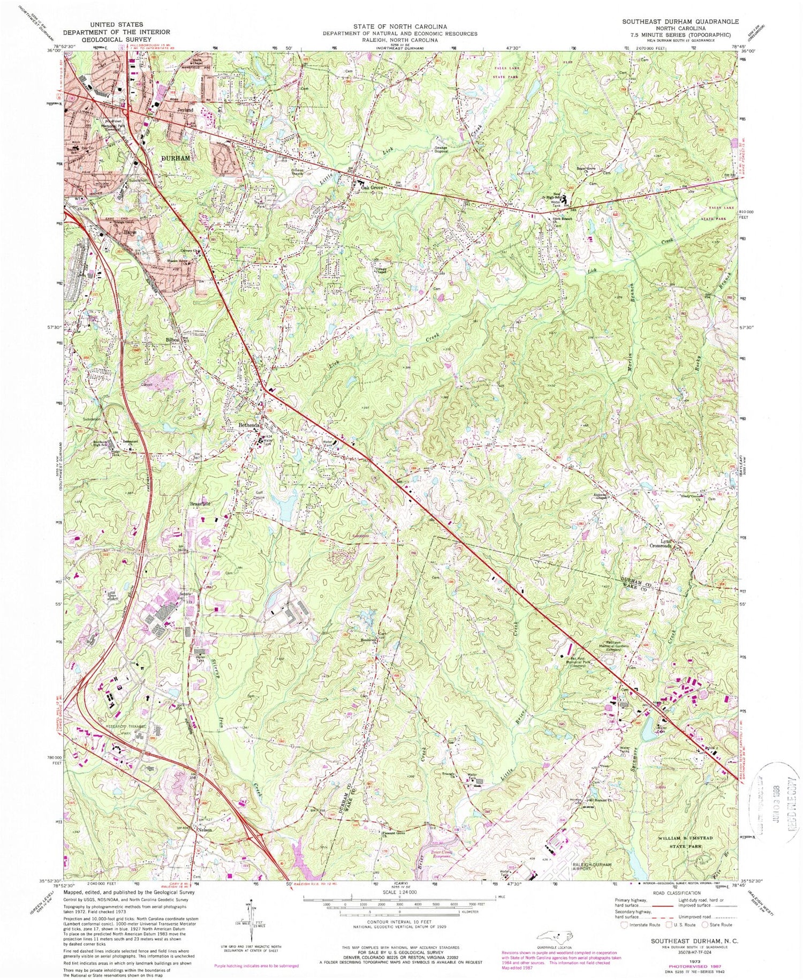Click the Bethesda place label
(249, 425)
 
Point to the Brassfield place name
(200, 504)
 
